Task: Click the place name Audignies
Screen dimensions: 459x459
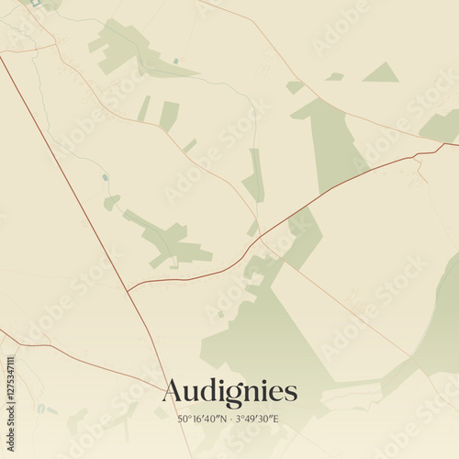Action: coord(229,392)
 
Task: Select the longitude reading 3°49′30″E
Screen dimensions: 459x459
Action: coord(257,419)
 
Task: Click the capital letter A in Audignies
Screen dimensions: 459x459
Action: coord(173,392)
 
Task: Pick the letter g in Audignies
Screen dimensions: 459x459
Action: coord(225,395)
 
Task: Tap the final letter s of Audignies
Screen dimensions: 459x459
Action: coord(291,394)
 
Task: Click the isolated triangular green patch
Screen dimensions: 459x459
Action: coord(380,73)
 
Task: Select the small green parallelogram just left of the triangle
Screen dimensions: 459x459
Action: coord(335,76)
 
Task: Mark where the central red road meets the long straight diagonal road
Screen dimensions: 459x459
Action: coord(128,291)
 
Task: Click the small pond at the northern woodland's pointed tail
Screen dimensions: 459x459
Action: coord(175,62)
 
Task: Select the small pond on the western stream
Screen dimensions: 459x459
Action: coord(105,177)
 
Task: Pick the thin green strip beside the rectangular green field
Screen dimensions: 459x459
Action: coord(144,108)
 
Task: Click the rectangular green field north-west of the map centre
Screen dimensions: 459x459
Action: coord(169,116)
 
